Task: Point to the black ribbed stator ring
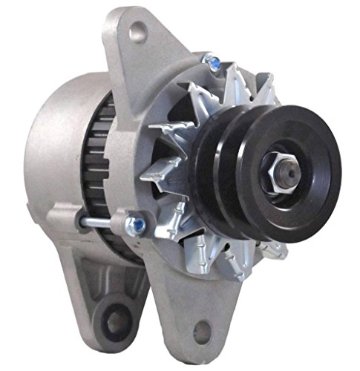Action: tap(111, 171)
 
